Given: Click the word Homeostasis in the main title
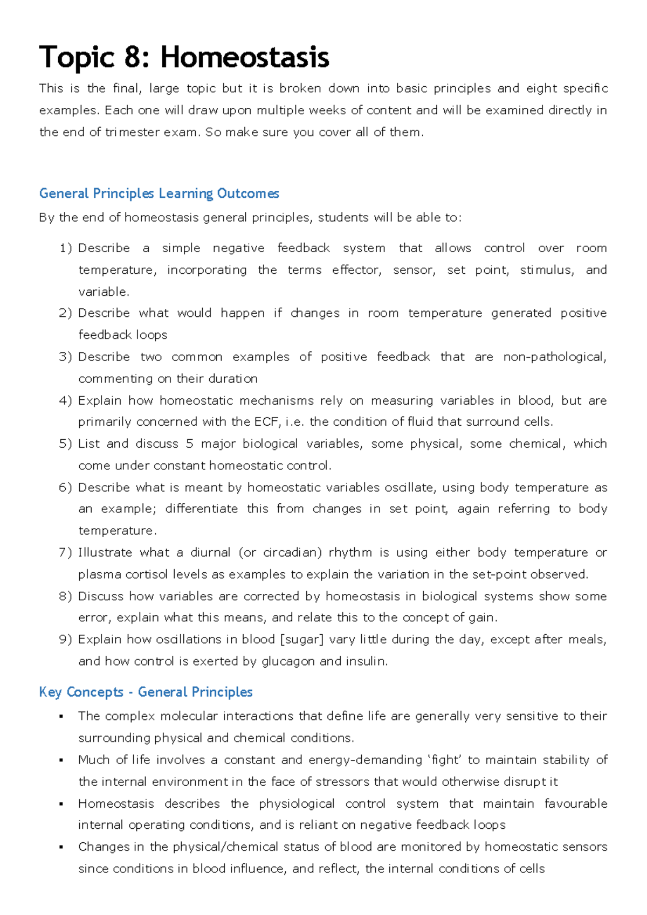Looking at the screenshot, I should click(x=245, y=57).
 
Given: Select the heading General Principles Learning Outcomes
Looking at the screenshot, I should click(x=159, y=193).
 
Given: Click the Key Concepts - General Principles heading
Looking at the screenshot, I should click(x=146, y=692).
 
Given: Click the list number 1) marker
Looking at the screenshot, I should click(x=65, y=248).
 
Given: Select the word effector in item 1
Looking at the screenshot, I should click(x=356, y=270).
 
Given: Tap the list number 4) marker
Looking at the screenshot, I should click(x=65, y=400).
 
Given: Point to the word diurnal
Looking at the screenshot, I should click(x=211, y=553).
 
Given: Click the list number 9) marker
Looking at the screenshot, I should click(x=65, y=640).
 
